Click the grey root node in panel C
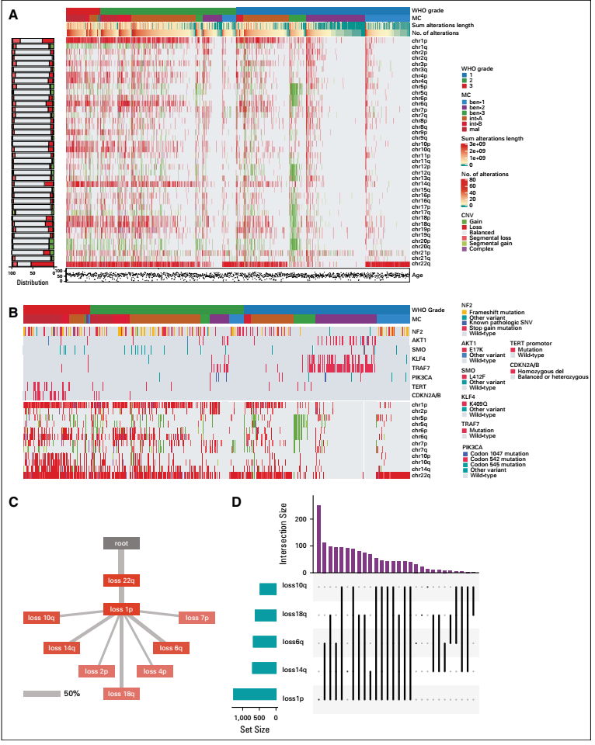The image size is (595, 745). [121, 543]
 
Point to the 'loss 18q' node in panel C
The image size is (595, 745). [121, 692]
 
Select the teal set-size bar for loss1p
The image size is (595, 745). [254, 694]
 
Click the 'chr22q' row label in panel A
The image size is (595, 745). [423, 265]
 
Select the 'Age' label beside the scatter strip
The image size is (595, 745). [418, 275]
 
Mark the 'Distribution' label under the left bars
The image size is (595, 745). [31, 282]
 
